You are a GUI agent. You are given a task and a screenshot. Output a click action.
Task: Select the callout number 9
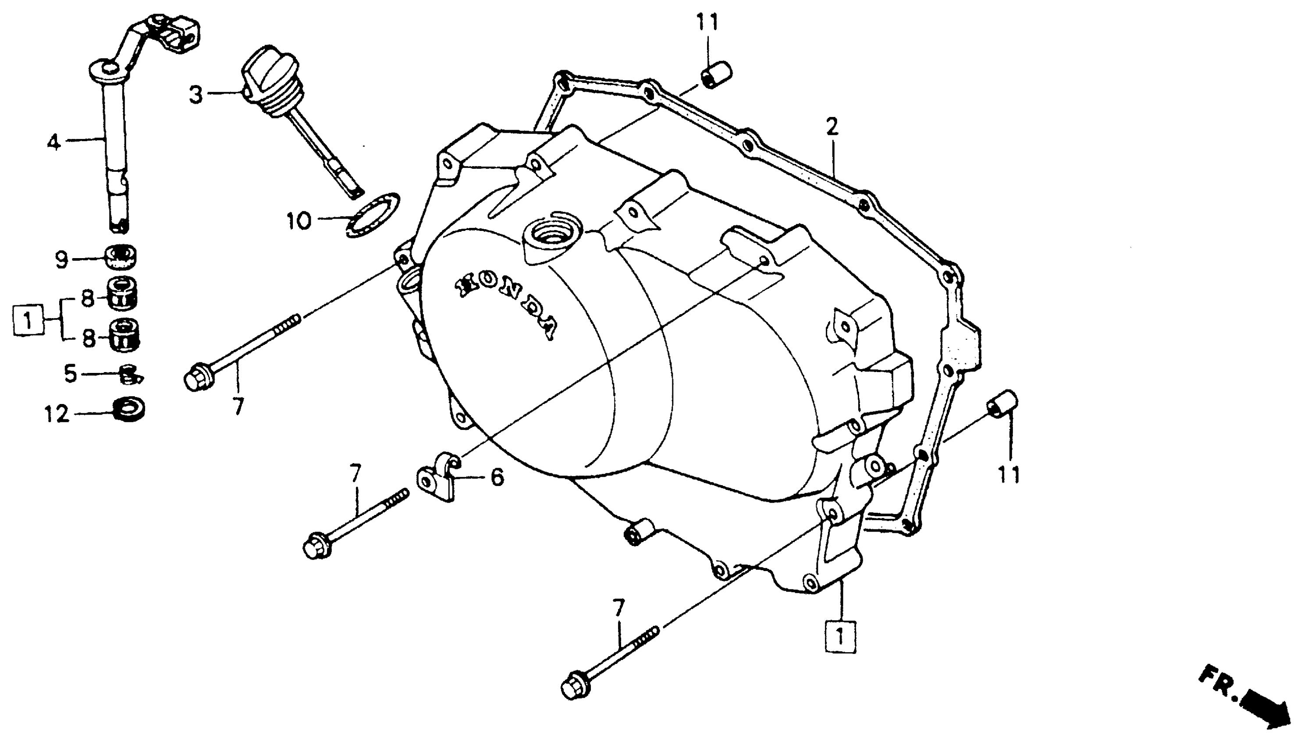click(x=61, y=260)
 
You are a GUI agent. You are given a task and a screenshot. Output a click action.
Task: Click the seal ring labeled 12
click(x=128, y=410)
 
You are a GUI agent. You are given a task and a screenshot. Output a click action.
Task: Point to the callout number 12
click(x=56, y=413)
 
